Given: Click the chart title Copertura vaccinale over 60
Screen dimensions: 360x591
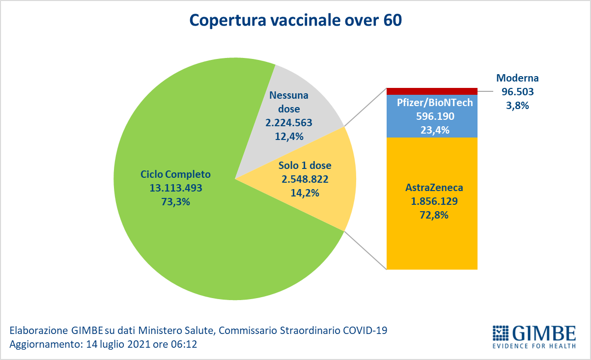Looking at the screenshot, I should click(x=296, y=21).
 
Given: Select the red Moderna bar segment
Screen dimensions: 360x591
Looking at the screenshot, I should click(x=432, y=91).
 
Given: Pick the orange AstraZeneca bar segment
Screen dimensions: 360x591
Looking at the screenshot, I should click(x=432, y=236).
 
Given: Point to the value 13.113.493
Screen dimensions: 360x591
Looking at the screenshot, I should click(x=176, y=187).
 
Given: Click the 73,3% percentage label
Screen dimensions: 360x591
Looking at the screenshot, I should click(x=176, y=200).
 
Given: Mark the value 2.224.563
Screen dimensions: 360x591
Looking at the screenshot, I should click(x=289, y=123).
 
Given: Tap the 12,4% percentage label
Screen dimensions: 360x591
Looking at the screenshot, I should click(x=289, y=136).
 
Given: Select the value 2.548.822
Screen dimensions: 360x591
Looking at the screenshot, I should click(x=305, y=179).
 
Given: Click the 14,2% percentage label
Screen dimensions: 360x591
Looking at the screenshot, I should click(x=305, y=193).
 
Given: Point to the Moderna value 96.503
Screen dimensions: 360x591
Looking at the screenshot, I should click(x=518, y=91).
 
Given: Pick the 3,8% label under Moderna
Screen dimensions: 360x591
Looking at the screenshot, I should click(x=518, y=105).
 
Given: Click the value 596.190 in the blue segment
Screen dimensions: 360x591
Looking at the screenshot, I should click(x=432, y=117).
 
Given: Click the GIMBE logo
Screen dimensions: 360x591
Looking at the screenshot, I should click(x=534, y=336).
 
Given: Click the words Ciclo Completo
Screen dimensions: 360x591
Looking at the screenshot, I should click(x=175, y=174).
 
